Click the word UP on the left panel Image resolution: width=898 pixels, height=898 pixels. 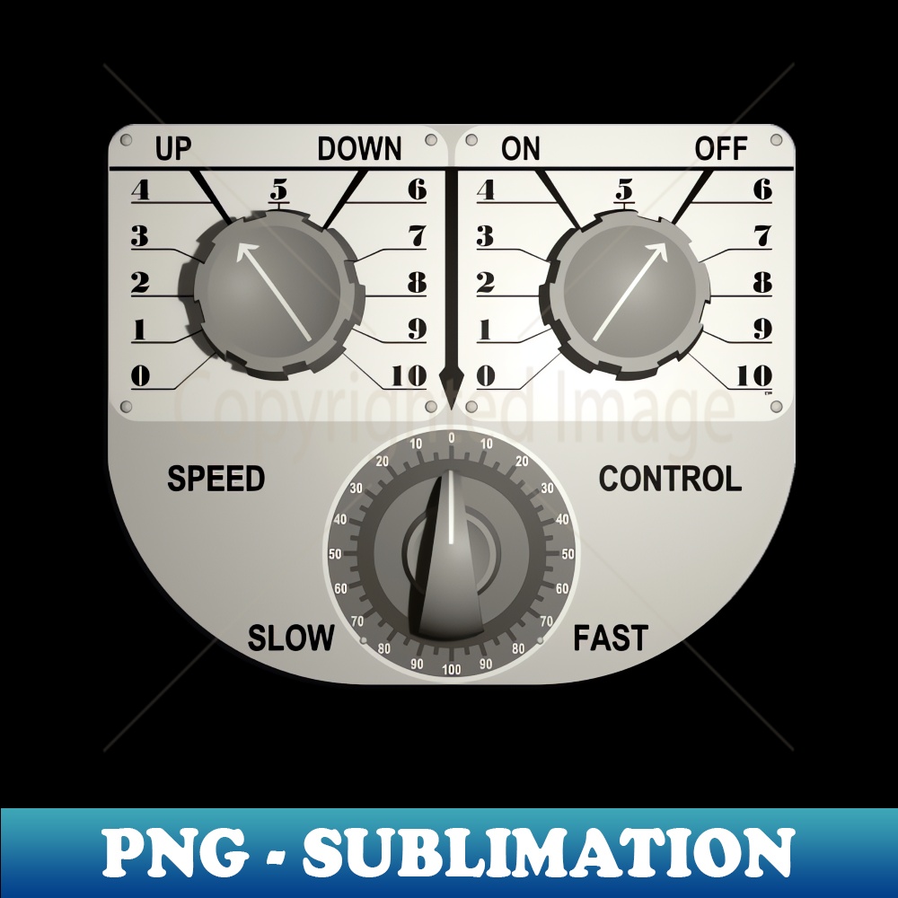pyautogui.click(x=173, y=148)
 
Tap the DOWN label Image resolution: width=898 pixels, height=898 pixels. pyautogui.click(x=360, y=149)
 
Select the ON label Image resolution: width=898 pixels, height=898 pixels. pyautogui.click(x=521, y=148)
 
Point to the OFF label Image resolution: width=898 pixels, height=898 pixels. pyautogui.click(x=721, y=148)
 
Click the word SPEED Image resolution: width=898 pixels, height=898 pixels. pyautogui.click(x=216, y=479)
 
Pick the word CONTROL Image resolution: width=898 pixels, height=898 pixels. pyautogui.click(x=670, y=479)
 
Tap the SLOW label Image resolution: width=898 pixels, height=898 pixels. pyautogui.click(x=291, y=638)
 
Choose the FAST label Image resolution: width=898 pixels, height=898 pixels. pyautogui.click(x=611, y=638)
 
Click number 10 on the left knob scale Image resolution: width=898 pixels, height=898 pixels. pyautogui.click(x=409, y=375)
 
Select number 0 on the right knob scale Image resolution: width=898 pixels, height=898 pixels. pyautogui.click(x=486, y=376)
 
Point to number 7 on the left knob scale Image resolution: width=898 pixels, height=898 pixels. pyautogui.click(x=418, y=235)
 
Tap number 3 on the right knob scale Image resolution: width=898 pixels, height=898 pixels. pyautogui.click(x=485, y=236)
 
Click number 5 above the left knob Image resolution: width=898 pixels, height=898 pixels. pyautogui.click(x=279, y=189)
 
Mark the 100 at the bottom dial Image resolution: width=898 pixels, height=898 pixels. pyautogui.click(x=452, y=670)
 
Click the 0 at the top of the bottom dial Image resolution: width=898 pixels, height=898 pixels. pyautogui.click(x=452, y=438)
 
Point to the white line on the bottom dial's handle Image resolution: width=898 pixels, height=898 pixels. pyautogui.click(x=451, y=506)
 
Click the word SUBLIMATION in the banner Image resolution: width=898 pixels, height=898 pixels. pyautogui.click(x=549, y=851)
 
